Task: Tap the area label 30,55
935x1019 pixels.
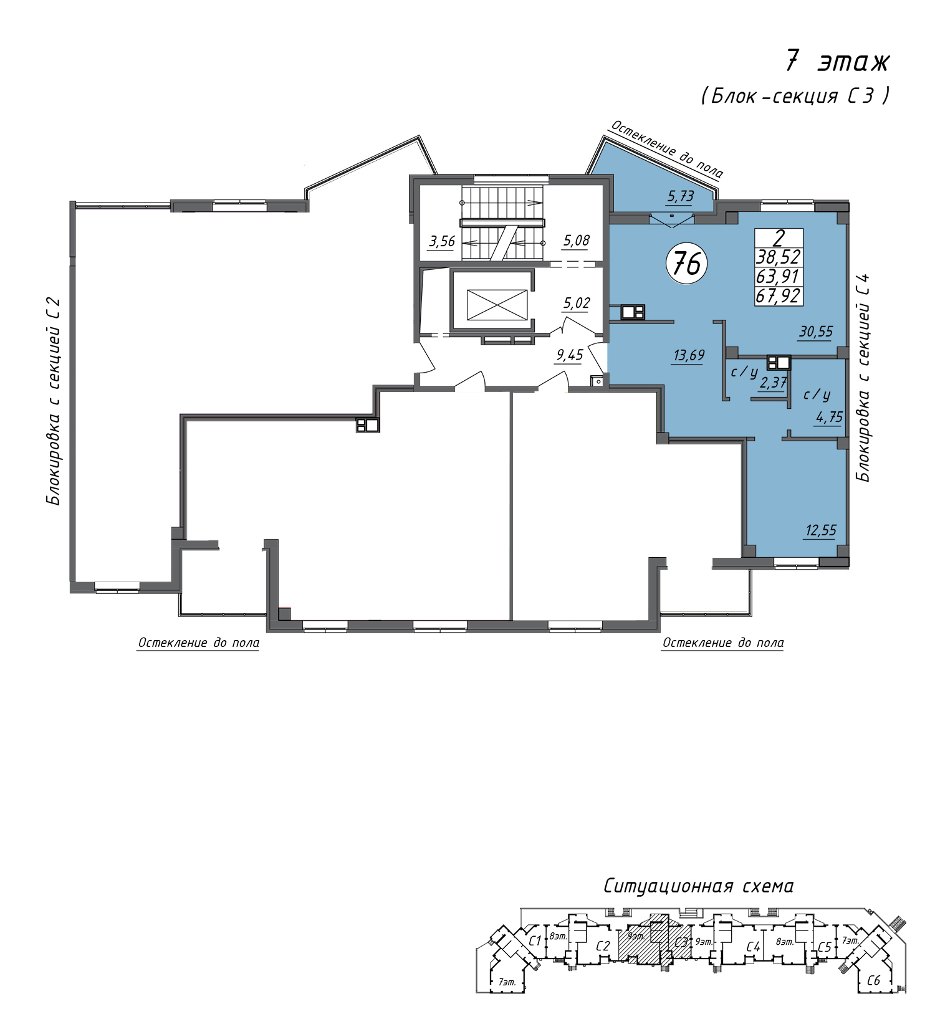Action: [x=816, y=332]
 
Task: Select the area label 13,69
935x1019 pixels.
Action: [x=689, y=355]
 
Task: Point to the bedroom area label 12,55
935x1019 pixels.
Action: [x=821, y=530]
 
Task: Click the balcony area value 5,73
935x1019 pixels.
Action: [x=681, y=196]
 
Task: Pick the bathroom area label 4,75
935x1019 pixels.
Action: [x=829, y=417]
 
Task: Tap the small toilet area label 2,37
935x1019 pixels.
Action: [x=773, y=383]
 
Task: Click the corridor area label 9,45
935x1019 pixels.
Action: [x=570, y=355]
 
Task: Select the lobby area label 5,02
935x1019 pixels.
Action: [x=577, y=303]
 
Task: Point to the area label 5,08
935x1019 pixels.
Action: [x=577, y=240]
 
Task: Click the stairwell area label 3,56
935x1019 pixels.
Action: [x=442, y=241]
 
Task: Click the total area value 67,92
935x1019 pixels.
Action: [x=779, y=295]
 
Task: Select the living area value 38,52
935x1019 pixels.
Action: [x=779, y=257]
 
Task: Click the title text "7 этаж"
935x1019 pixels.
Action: [x=837, y=62]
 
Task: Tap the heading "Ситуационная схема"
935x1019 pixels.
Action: [x=699, y=885]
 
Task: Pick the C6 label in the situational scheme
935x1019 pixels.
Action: [x=874, y=980]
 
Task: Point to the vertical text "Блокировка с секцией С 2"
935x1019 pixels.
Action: [x=54, y=402]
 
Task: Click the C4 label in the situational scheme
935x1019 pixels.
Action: [x=754, y=947]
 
